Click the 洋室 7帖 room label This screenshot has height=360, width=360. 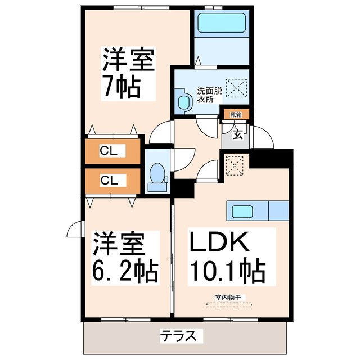click(x=128, y=73)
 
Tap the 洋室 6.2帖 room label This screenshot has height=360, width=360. click(x=124, y=256)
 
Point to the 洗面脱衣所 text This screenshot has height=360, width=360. click(x=208, y=94)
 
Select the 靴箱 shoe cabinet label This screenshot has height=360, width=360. click(x=235, y=114)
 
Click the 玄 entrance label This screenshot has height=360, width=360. click(x=237, y=134)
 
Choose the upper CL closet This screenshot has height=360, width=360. click(x=112, y=150)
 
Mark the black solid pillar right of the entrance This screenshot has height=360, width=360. click(x=272, y=158)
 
